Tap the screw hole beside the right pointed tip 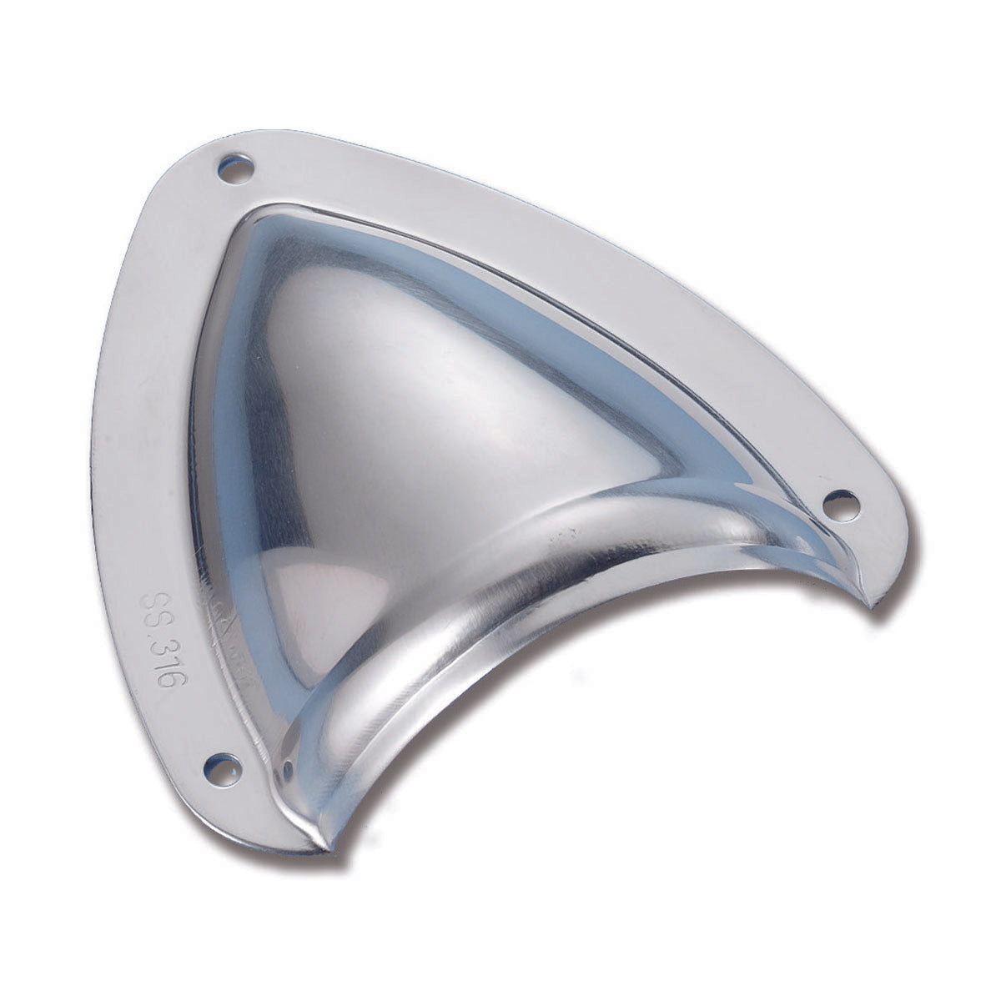(840, 506)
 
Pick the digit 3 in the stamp (163, 646)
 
